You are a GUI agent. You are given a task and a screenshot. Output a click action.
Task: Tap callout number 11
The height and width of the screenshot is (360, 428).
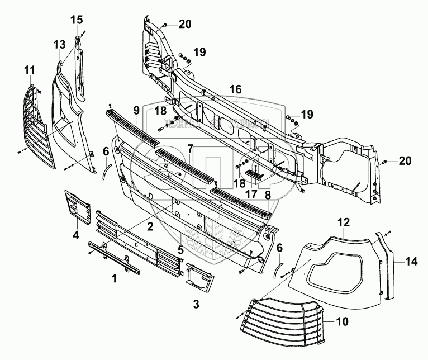coord(29,70)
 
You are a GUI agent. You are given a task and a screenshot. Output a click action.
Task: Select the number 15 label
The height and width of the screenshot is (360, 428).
coord(76,20)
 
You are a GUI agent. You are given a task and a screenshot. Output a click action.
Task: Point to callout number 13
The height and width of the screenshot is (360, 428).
coord(60,44)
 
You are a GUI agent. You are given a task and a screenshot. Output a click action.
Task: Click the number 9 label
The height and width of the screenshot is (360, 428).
coord(135,111)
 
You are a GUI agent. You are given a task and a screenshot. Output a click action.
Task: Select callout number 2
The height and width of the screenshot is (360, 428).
coord(150,226)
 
